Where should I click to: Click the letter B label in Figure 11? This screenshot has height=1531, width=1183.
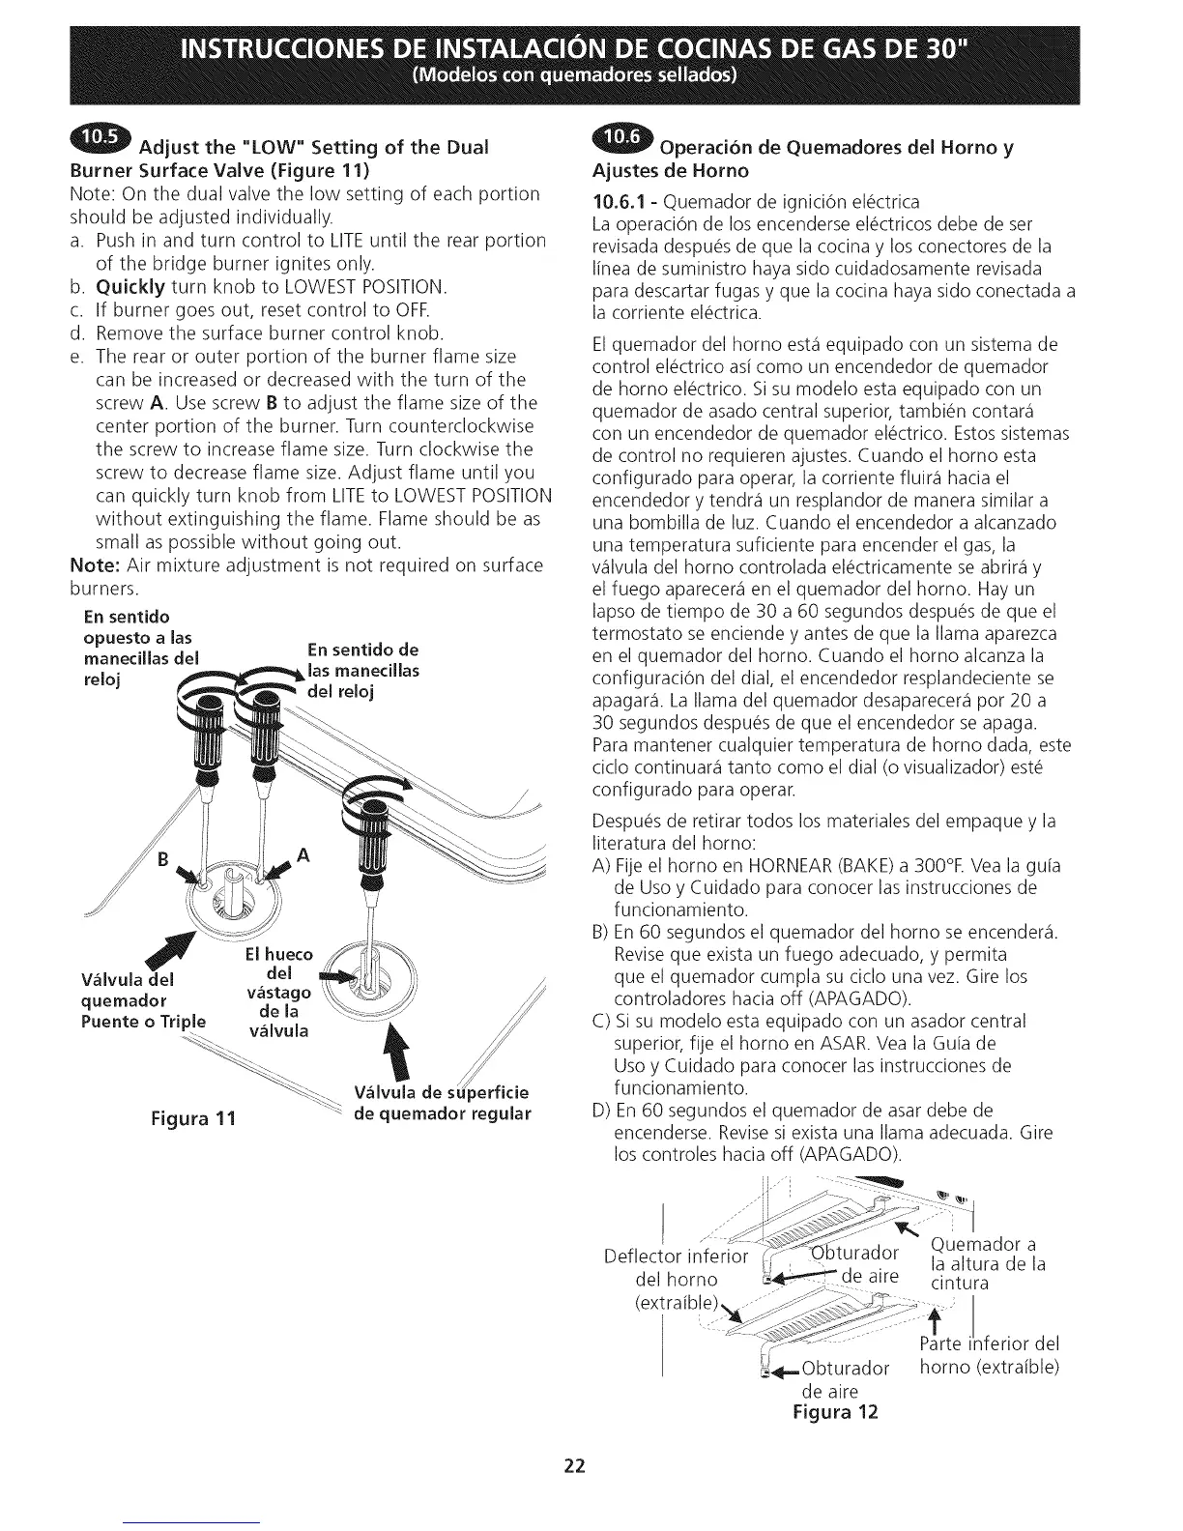tap(176, 858)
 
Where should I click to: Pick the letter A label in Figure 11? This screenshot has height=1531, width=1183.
tap(303, 854)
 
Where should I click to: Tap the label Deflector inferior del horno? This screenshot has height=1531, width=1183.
tap(676, 1279)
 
